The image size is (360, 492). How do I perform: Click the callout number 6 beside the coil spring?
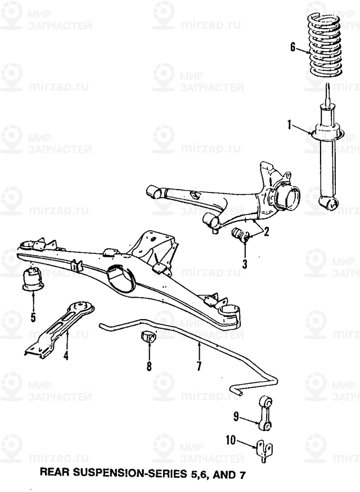[292, 47]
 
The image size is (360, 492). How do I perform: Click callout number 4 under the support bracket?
[66, 356]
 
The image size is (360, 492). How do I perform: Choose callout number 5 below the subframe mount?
[33, 317]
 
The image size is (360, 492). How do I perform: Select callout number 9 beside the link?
[237, 417]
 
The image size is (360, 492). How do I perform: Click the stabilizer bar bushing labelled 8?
[148, 337]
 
